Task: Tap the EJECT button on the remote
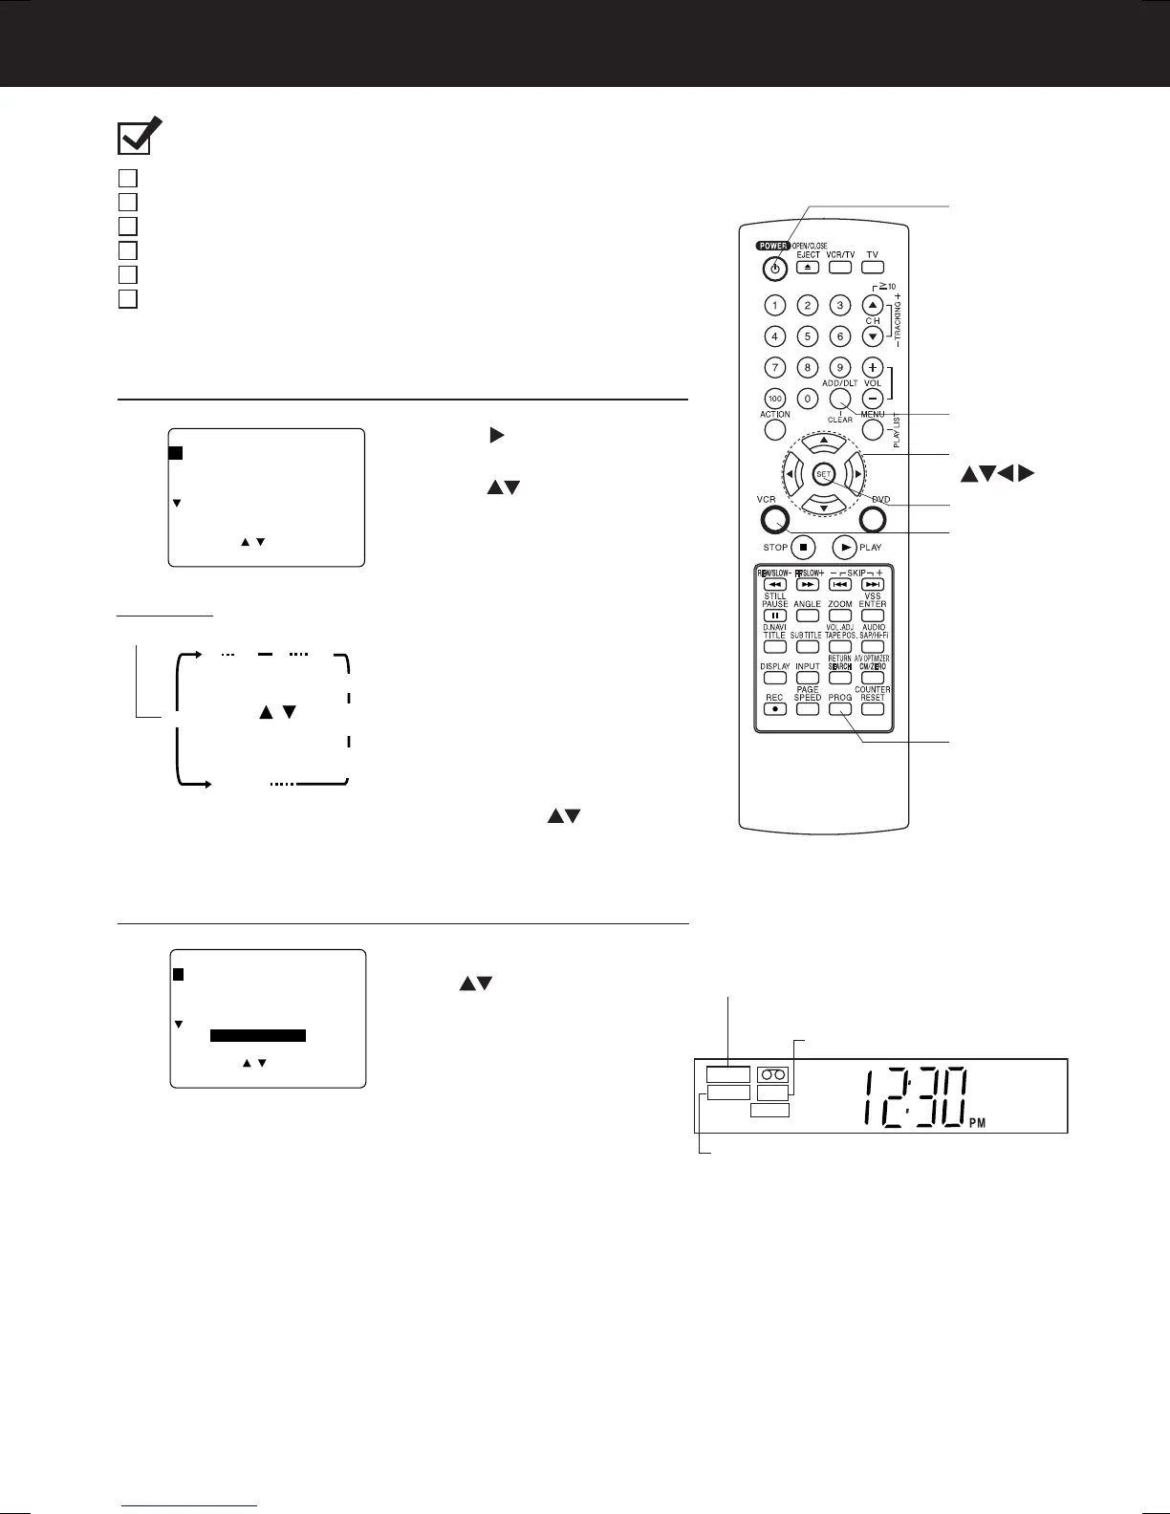coord(808,268)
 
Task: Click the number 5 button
coord(808,336)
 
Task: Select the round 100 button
coord(775,398)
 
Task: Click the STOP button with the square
coord(804,548)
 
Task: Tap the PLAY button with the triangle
coord(845,548)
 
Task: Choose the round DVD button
coord(874,520)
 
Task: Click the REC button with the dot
coord(775,709)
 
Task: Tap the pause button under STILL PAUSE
coord(775,616)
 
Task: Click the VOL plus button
coord(872,367)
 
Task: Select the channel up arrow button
coord(872,306)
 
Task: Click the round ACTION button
coord(775,429)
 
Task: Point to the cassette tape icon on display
coord(771,1074)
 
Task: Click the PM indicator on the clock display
coord(977,1124)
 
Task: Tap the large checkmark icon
coord(140,137)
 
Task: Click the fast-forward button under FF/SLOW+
coord(808,584)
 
